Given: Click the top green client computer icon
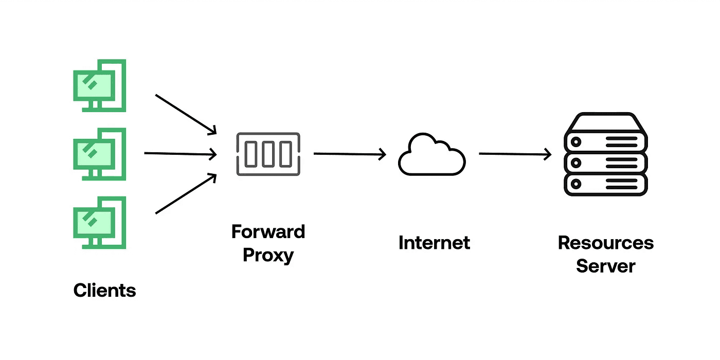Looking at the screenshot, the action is pyautogui.click(x=99, y=85).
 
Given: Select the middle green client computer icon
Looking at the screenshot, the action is pyautogui.click(x=99, y=154).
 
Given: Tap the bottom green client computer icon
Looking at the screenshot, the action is pyautogui.click(x=99, y=223).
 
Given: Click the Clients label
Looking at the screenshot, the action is pyautogui.click(x=104, y=290).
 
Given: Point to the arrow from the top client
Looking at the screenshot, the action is pyautogui.click(x=186, y=114).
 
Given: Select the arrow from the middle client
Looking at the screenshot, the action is pyautogui.click(x=181, y=154).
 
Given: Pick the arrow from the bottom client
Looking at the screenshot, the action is pyautogui.click(x=186, y=193).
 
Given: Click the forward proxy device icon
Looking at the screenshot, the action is pyautogui.click(x=268, y=154).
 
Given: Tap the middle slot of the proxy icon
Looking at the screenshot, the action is pyautogui.click(x=268, y=154).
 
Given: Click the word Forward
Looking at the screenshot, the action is pyautogui.click(x=268, y=231).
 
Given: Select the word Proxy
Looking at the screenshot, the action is pyautogui.click(x=268, y=256).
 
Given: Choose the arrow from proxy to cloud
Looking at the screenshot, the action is pyautogui.click(x=350, y=154).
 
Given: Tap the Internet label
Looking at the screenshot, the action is pyautogui.click(x=434, y=243).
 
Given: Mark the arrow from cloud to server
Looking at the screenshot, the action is pyautogui.click(x=515, y=154).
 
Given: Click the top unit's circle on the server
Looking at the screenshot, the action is pyautogui.click(x=576, y=142).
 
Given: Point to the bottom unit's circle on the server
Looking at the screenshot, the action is pyautogui.click(x=576, y=184).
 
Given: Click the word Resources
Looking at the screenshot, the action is pyautogui.click(x=606, y=243).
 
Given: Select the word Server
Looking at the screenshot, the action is pyautogui.click(x=606, y=266).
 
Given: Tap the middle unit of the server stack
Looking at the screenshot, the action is pyautogui.click(x=606, y=163).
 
